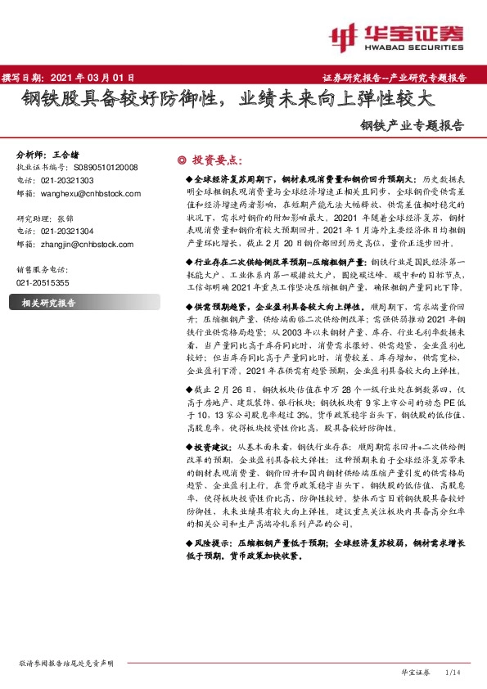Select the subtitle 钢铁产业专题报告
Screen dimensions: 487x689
[x=412, y=126]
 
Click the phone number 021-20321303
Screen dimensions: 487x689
[x=67, y=180]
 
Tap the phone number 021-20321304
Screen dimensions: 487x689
[x=67, y=232]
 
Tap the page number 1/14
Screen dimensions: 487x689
[x=453, y=672]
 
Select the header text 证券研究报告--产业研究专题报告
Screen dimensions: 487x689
[x=401, y=78]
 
